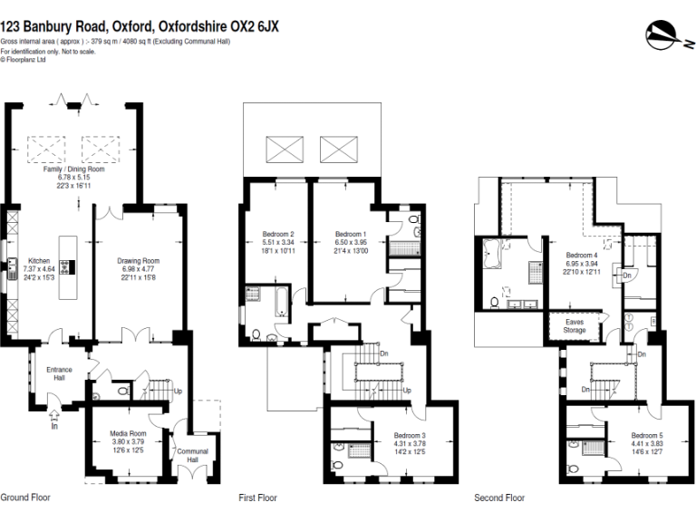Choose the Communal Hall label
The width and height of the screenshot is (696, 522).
191,455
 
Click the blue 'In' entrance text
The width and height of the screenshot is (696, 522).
54,425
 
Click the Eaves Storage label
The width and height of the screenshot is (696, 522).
575,325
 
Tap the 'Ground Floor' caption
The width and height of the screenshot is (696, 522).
25,498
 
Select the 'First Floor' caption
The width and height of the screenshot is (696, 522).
258,498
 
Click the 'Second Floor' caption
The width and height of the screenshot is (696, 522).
499,498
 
